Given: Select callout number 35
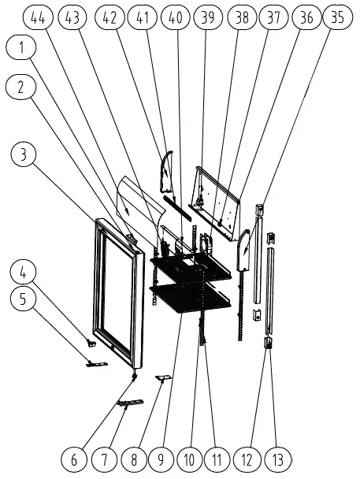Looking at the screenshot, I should pyautogui.click(x=337, y=17).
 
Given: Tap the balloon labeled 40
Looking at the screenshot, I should pyautogui.click(x=176, y=17).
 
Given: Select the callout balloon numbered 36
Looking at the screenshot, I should pyautogui.click(x=306, y=17).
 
